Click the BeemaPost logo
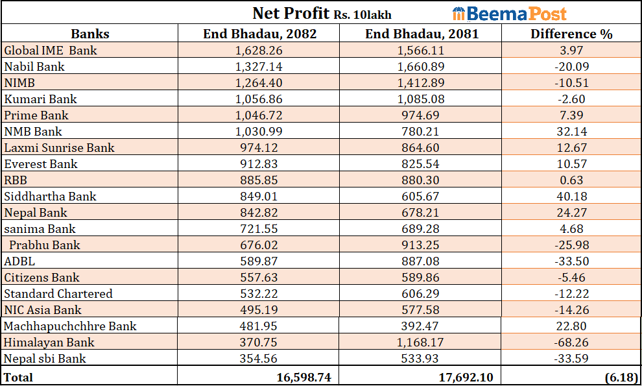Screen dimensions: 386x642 [x=509, y=13]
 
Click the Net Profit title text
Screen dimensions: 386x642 [x=322, y=14]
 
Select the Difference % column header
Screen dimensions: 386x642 [x=571, y=34]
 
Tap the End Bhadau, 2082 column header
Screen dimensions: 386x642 [x=259, y=34]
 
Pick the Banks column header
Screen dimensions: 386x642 [x=90, y=34]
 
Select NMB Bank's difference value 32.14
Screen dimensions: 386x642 [x=571, y=132]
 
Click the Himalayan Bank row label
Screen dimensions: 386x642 [x=49, y=343]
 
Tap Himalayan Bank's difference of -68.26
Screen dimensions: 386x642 [x=571, y=343]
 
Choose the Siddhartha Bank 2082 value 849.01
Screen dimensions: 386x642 [x=259, y=197]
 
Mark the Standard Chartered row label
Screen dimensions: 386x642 [x=58, y=294]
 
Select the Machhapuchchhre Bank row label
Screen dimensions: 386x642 [x=70, y=326]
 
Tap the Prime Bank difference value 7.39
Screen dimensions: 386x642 [x=571, y=115]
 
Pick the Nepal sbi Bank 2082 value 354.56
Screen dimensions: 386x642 [x=259, y=359]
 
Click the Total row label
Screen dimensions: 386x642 [x=18, y=377]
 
